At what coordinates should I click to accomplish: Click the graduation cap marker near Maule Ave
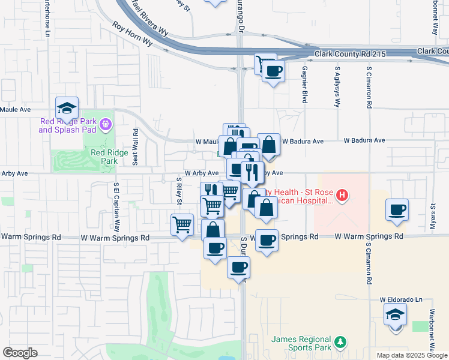(67, 108)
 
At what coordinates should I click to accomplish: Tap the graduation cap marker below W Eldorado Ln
(395, 314)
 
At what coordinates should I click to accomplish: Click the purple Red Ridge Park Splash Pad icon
(106, 124)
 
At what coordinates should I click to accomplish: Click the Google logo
(20, 352)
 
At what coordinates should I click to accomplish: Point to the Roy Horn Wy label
(133, 35)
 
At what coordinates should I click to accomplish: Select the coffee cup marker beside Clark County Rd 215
(273, 71)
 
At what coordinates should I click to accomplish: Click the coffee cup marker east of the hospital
(397, 210)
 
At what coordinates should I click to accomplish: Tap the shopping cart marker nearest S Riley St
(182, 225)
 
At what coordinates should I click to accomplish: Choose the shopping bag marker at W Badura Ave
(269, 145)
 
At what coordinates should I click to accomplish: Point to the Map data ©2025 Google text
(412, 355)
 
